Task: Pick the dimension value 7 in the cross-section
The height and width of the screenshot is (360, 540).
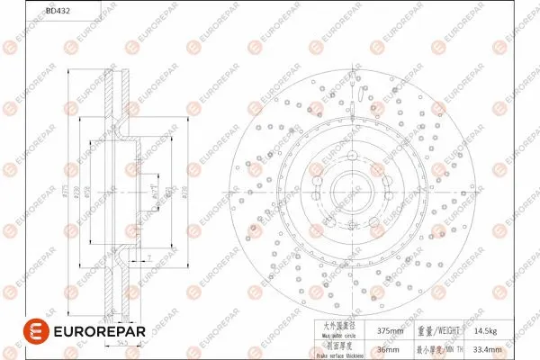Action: (147, 259)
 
